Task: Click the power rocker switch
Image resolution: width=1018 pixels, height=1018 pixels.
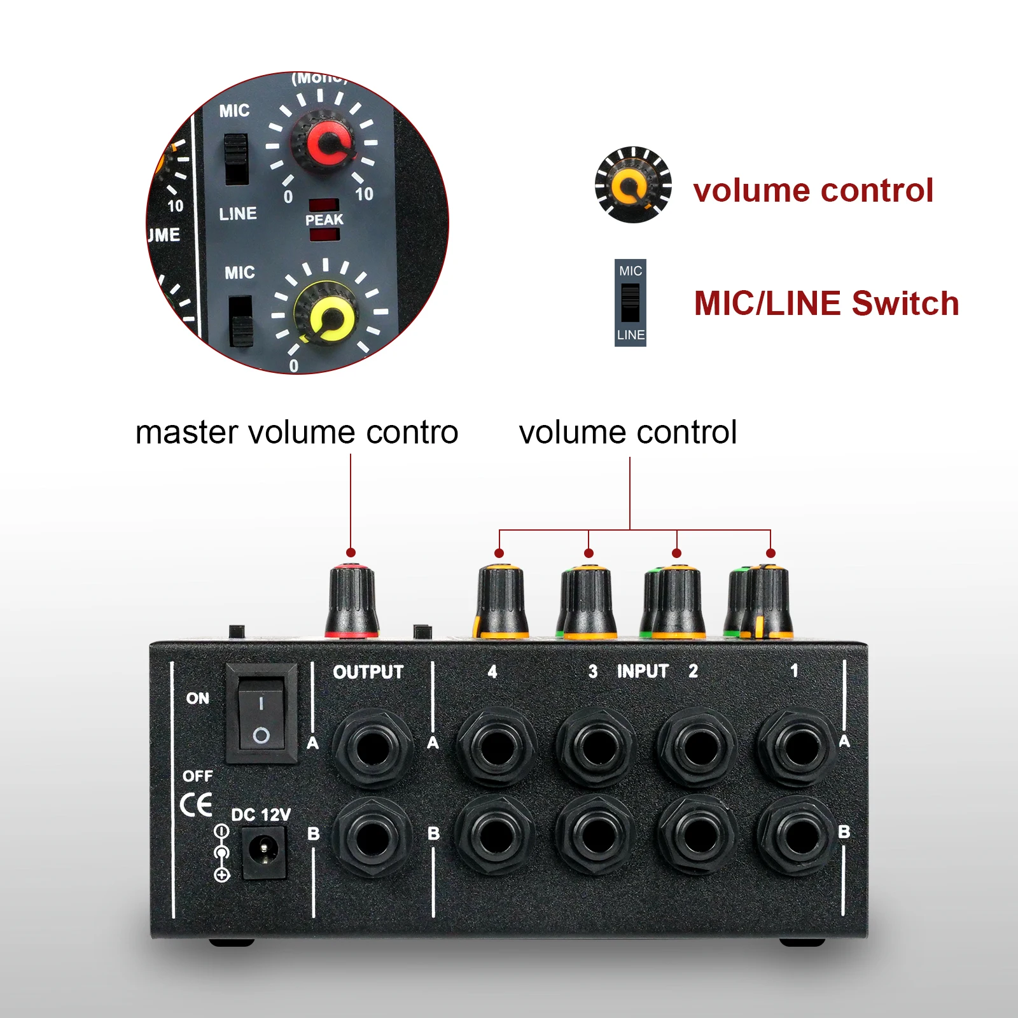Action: click(261, 713)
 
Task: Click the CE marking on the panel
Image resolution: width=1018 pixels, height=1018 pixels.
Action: click(196, 805)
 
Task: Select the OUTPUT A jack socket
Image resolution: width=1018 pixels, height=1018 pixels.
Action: click(373, 748)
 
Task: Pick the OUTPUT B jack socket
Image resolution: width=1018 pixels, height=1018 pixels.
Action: click(373, 838)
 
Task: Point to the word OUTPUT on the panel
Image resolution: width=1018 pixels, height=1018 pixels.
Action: click(368, 672)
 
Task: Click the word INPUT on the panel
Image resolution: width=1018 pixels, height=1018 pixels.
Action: click(643, 671)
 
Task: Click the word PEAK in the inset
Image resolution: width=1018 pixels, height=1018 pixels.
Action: click(324, 220)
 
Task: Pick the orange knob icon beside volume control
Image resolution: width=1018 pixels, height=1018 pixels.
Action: click(633, 185)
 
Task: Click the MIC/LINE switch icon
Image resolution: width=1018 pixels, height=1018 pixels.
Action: click(631, 303)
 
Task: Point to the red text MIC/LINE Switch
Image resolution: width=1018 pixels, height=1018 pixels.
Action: click(826, 303)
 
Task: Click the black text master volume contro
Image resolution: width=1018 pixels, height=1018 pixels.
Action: click(297, 433)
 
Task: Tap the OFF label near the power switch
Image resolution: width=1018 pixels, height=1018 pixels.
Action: click(198, 776)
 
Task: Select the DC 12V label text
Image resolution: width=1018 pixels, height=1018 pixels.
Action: click(261, 815)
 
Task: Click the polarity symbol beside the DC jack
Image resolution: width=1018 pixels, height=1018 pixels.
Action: click(221, 853)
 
